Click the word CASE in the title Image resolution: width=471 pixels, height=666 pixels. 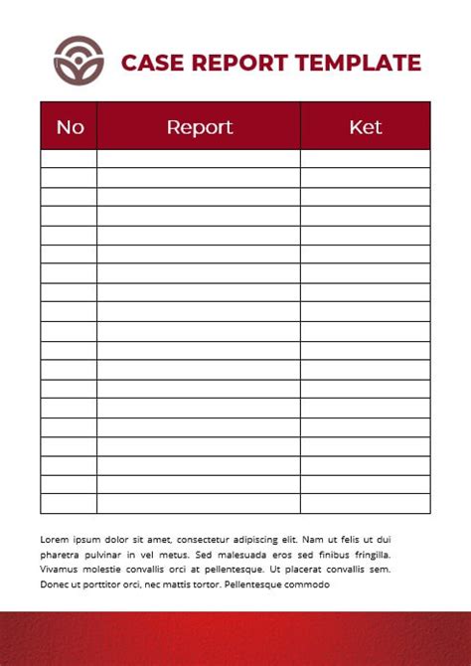(149, 63)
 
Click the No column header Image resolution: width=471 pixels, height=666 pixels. (70, 126)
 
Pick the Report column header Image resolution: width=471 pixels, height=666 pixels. (199, 126)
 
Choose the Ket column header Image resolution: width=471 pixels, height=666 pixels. (366, 126)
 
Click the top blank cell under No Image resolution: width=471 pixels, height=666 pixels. (69, 158)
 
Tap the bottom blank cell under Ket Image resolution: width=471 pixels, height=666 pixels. (366, 504)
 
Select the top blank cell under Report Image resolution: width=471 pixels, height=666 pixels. (199, 158)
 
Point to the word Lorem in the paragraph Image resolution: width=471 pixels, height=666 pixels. (56, 538)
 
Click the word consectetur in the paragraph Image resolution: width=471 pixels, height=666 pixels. (209, 538)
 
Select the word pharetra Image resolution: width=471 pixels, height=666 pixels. (62, 554)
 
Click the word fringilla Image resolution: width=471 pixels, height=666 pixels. (369, 554)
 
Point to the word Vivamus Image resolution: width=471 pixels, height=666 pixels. (61, 570)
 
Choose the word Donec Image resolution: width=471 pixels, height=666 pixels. (56, 584)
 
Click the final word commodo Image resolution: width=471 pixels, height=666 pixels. (306, 584)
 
